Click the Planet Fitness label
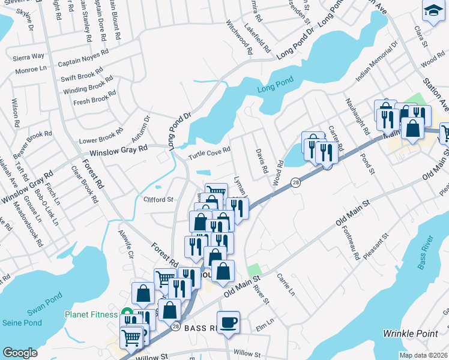(92, 314)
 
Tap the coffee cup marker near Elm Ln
(228, 322)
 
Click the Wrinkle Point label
(411, 332)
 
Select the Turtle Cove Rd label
(209, 153)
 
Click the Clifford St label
(158, 199)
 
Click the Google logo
(20, 353)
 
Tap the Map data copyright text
(423, 355)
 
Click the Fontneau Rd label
(352, 243)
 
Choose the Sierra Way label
(29, 56)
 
